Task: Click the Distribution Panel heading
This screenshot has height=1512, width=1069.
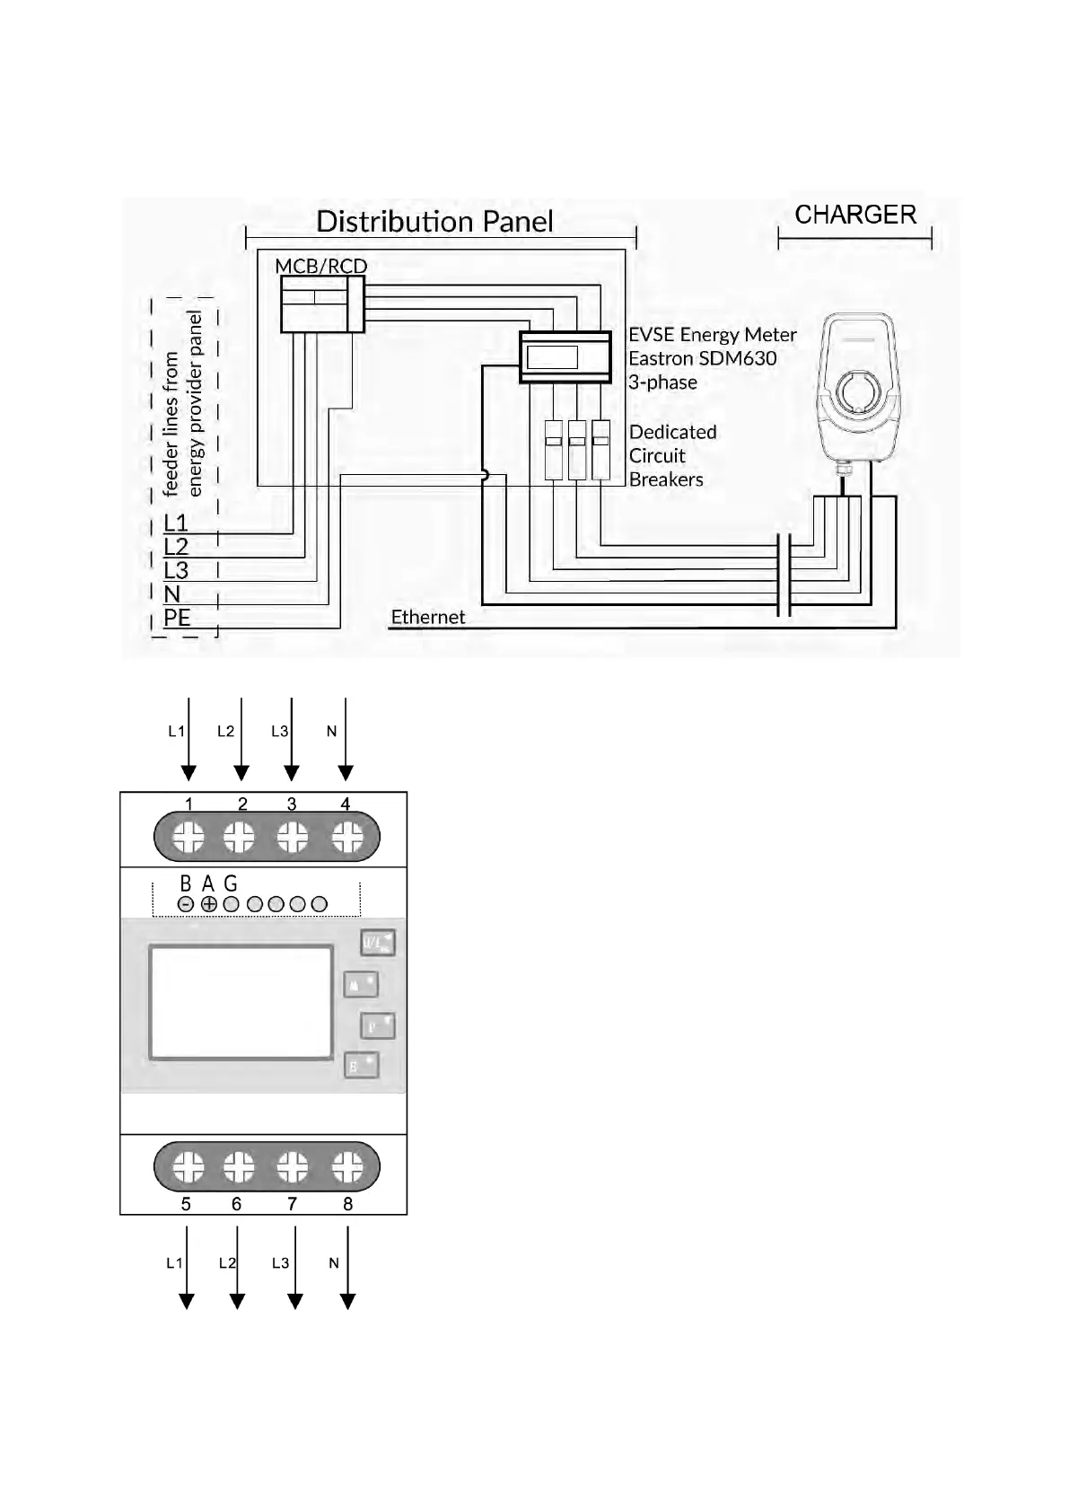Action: click(434, 222)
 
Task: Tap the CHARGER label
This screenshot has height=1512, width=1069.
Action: click(855, 215)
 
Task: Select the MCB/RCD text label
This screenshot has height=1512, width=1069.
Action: click(320, 266)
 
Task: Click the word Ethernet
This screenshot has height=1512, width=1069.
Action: click(428, 617)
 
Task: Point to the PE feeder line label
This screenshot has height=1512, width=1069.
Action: click(177, 618)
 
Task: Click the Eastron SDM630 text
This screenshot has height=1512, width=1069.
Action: click(702, 358)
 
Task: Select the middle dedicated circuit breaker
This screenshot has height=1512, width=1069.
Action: click(577, 449)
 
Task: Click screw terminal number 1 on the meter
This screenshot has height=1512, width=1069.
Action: click(188, 838)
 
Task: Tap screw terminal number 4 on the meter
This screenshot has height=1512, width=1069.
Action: click(347, 838)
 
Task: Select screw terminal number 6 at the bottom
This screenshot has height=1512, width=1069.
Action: click(239, 1167)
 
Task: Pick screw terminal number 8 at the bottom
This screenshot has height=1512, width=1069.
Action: click(347, 1167)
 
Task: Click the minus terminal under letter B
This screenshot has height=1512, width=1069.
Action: click(186, 904)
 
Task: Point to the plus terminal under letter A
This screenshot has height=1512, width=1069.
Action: click(208, 904)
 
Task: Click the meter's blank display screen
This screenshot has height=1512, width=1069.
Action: click(241, 1002)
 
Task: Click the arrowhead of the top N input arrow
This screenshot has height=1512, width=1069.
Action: click(346, 773)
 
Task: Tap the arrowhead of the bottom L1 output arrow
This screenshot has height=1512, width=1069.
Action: click(187, 1301)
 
